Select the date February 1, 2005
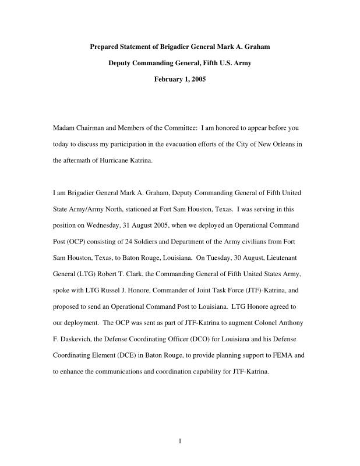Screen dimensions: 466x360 [179, 79]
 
